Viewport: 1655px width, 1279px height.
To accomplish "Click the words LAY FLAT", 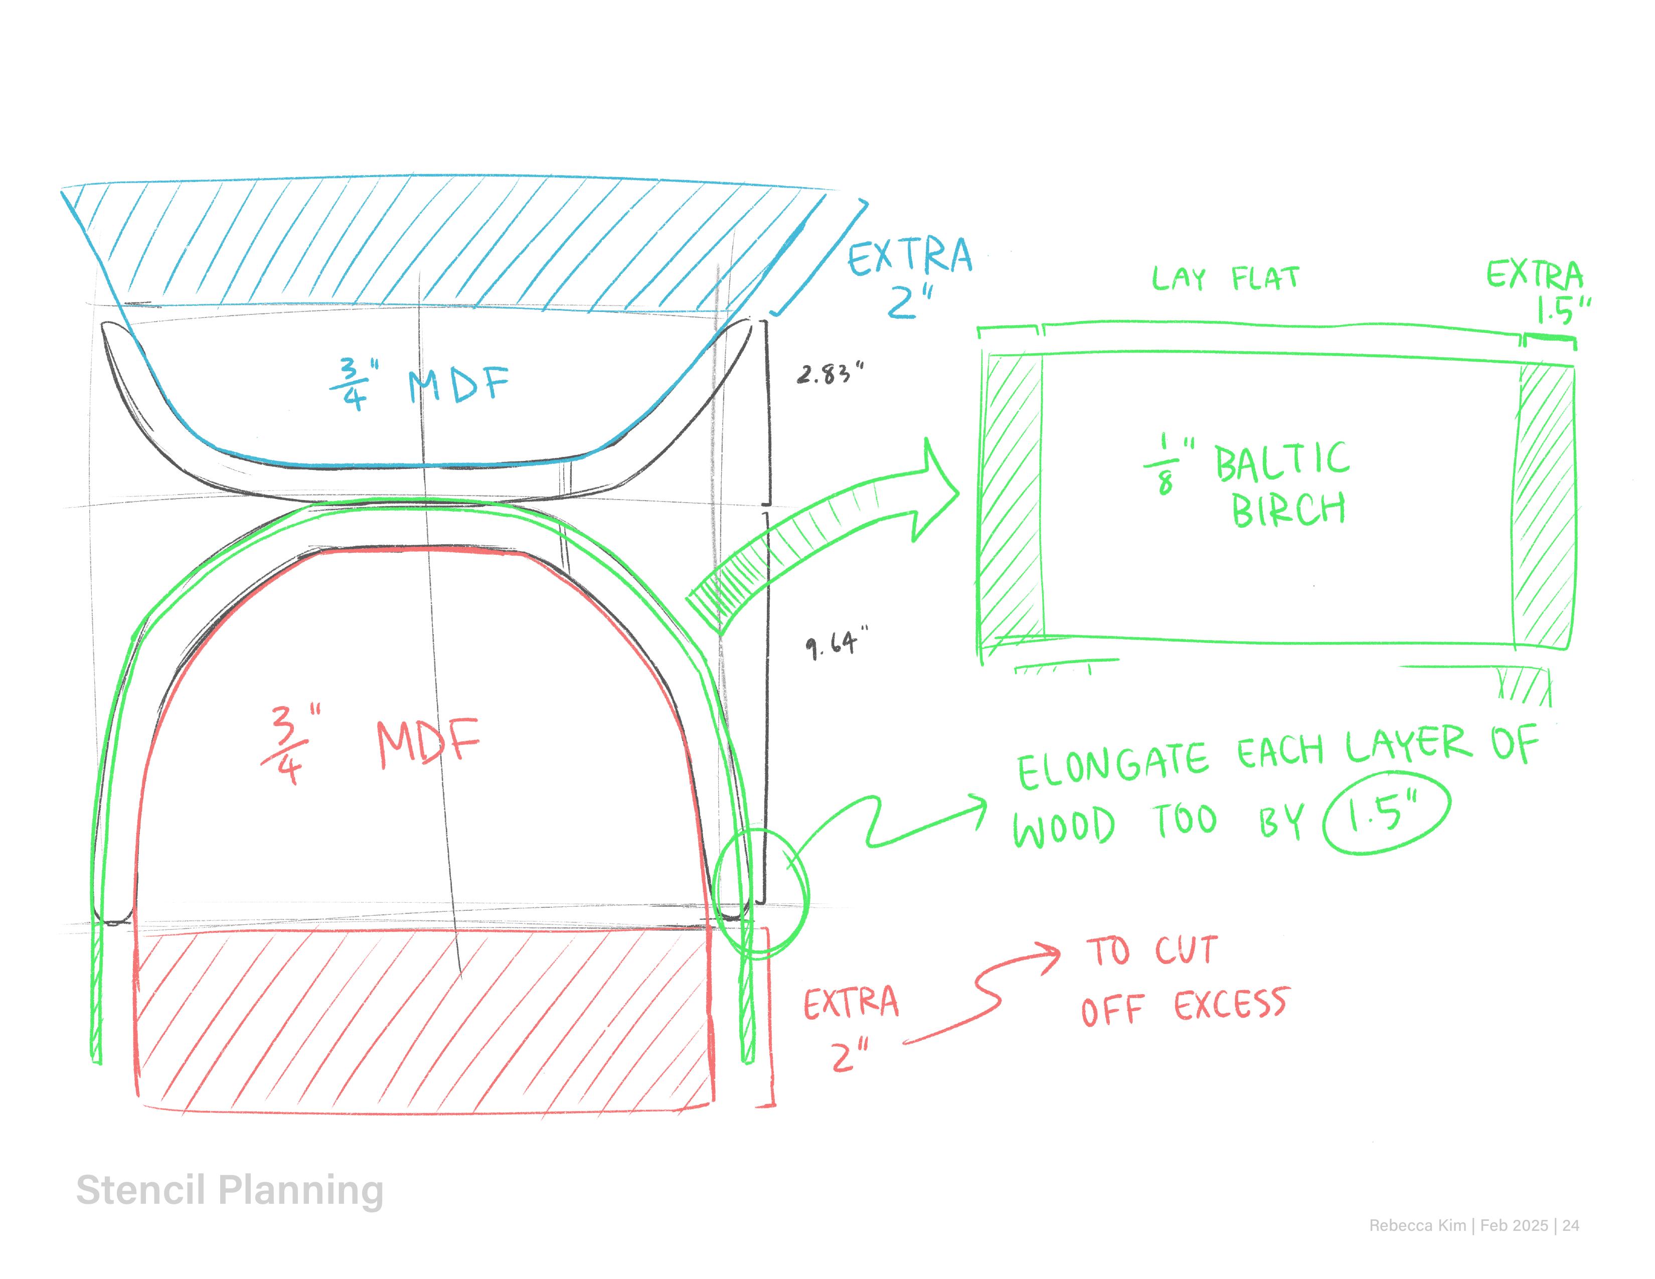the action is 1225,279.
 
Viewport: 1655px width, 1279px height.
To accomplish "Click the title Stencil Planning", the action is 230,1190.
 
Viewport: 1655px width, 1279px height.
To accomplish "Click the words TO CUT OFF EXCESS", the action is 1185,981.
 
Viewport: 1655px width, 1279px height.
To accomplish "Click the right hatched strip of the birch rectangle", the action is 1544,504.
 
